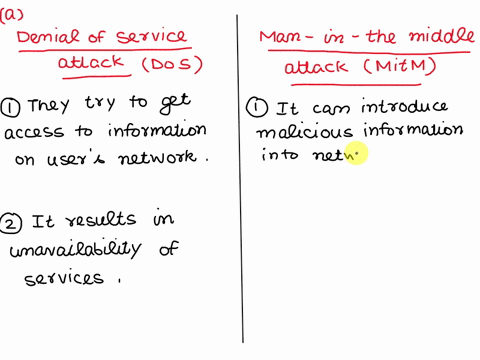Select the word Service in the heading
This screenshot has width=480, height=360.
point(152,38)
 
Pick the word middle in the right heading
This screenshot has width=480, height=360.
point(424,38)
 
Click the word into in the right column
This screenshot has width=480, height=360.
point(278,154)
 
